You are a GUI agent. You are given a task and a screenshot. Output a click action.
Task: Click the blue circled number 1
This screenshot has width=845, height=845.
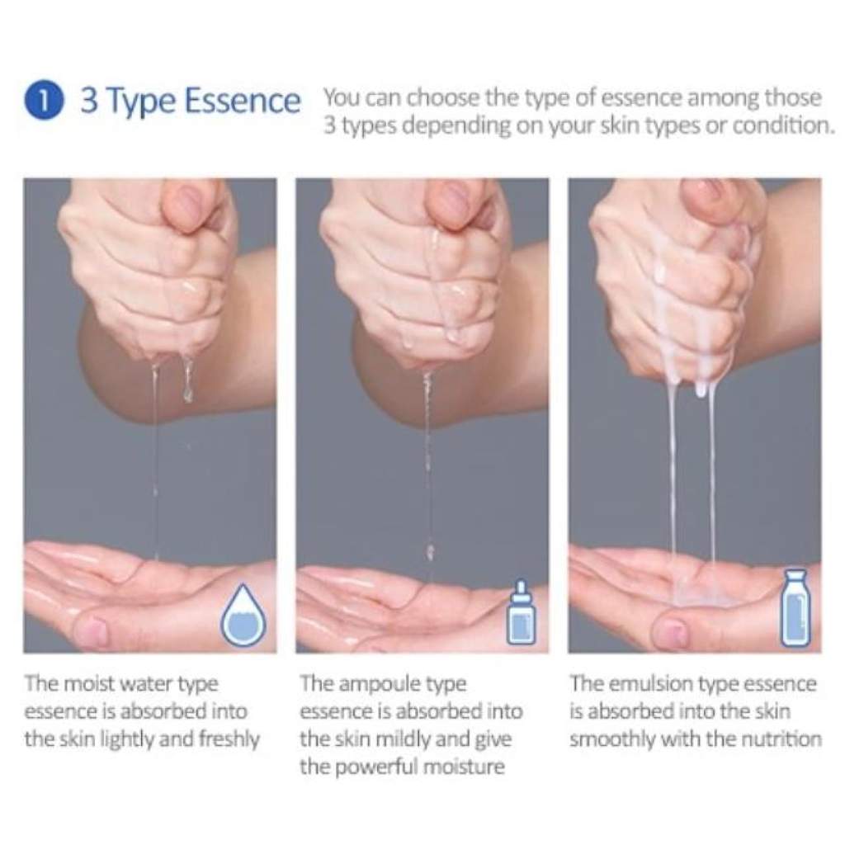tap(45, 101)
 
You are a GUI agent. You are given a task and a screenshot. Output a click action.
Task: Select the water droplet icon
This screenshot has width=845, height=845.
tap(244, 614)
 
